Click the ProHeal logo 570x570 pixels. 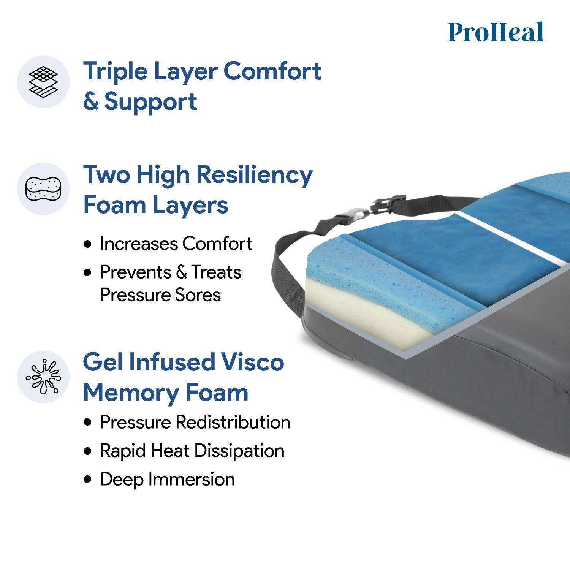(496, 32)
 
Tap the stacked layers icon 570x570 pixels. (43, 82)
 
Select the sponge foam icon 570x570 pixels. (43, 189)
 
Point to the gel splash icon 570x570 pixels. (43, 377)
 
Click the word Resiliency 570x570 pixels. (255, 175)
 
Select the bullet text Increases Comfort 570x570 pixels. (176, 244)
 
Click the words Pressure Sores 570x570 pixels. (160, 295)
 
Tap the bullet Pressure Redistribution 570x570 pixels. (195, 422)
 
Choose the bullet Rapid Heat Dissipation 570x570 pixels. (192, 451)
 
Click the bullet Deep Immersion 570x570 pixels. (167, 479)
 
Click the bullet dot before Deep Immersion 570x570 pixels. (89, 480)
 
